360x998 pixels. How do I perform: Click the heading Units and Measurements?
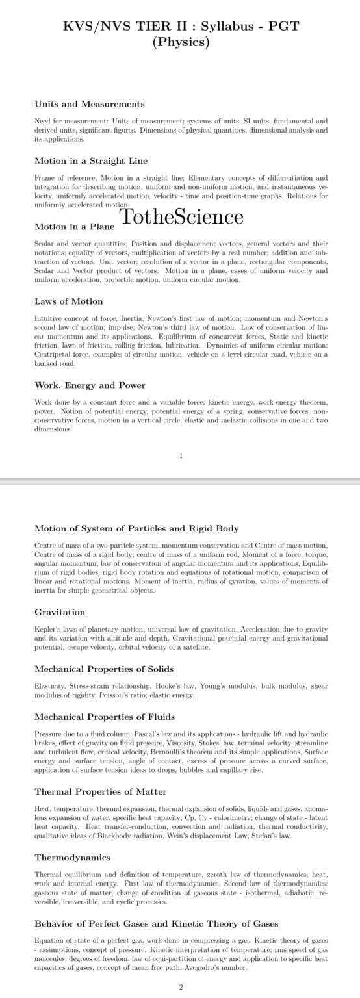tap(89, 104)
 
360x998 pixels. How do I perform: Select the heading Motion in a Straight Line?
tap(91, 160)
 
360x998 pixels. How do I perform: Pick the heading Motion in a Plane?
tap(75, 227)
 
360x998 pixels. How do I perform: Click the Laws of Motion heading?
tap(68, 301)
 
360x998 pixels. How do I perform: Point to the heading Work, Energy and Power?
tap(90, 385)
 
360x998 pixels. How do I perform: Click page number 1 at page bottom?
tap(181, 455)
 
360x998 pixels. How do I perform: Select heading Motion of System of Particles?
tap(136, 528)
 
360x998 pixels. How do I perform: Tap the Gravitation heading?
tap(60, 612)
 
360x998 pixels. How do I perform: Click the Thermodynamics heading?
tap(72, 858)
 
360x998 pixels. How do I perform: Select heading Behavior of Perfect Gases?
tap(156, 923)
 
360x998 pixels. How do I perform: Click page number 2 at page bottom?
tap(181, 987)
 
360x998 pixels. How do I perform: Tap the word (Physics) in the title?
tap(181, 43)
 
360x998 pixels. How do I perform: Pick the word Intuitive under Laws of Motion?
tap(47, 319)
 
